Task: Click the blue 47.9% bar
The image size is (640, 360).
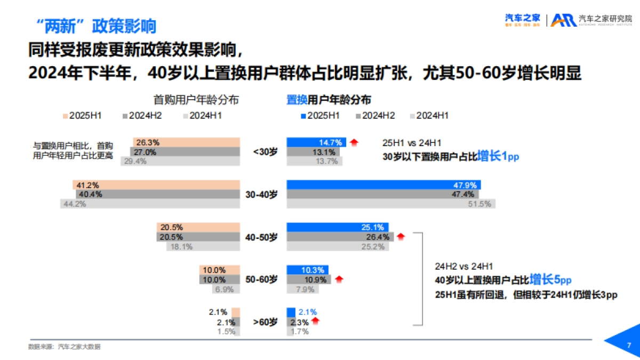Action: coord(383,185)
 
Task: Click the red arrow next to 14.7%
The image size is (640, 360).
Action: coord(354,142)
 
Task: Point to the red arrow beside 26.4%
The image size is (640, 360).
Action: coord(401,237)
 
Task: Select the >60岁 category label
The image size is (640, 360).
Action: coord(265,322)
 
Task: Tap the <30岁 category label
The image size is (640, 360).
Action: coord(265,151)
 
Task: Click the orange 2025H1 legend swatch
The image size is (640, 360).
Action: coord(65,116)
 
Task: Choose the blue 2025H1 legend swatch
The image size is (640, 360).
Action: coord(303,116)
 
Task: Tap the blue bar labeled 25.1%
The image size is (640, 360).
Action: coord(338,227)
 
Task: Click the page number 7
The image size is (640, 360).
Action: coord(629,345)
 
